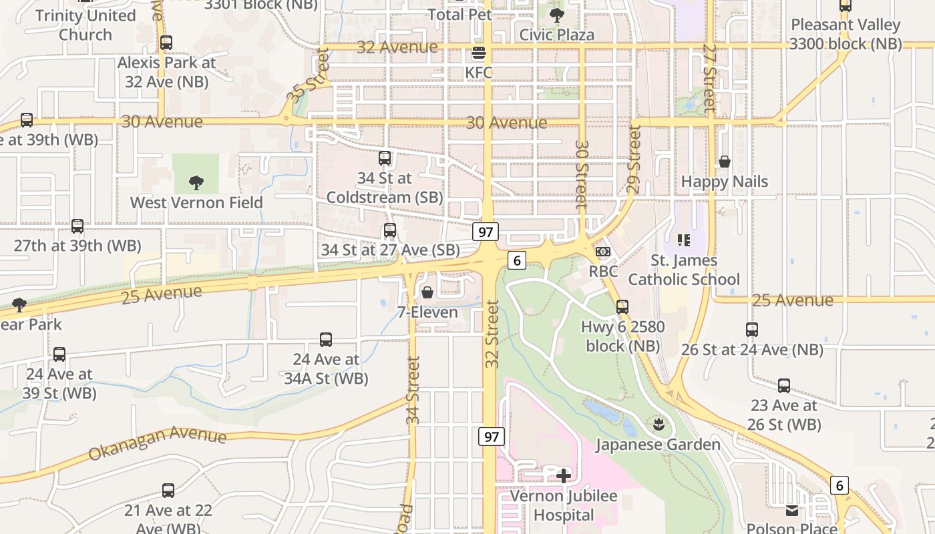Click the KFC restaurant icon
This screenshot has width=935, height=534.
coord(478,53)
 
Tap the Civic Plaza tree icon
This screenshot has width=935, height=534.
coord(556,15)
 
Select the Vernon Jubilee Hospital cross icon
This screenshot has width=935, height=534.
coord(564,476)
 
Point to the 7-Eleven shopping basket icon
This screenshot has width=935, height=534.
coord(427,292)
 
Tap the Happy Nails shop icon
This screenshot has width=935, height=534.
coord(724,162)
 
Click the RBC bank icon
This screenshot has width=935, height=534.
coord(602,252)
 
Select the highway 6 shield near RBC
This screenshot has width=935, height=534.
coord(516,260)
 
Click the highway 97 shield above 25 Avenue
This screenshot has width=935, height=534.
coord(486,232)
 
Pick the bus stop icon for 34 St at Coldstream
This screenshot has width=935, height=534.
coord(385,158)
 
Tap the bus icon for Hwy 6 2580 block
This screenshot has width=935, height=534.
coord(622,307)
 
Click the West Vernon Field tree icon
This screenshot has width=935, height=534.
coord(196,182)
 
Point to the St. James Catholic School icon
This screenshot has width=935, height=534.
coord(683,240)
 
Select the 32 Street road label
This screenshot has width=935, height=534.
coord(492,334)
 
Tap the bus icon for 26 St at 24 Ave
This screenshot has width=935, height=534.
coord(751,330)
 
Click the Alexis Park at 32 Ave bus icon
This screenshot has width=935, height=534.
coord(166,43)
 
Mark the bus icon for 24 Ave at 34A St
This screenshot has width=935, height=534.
coord(326,340)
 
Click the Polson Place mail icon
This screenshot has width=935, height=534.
coord(791,511)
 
